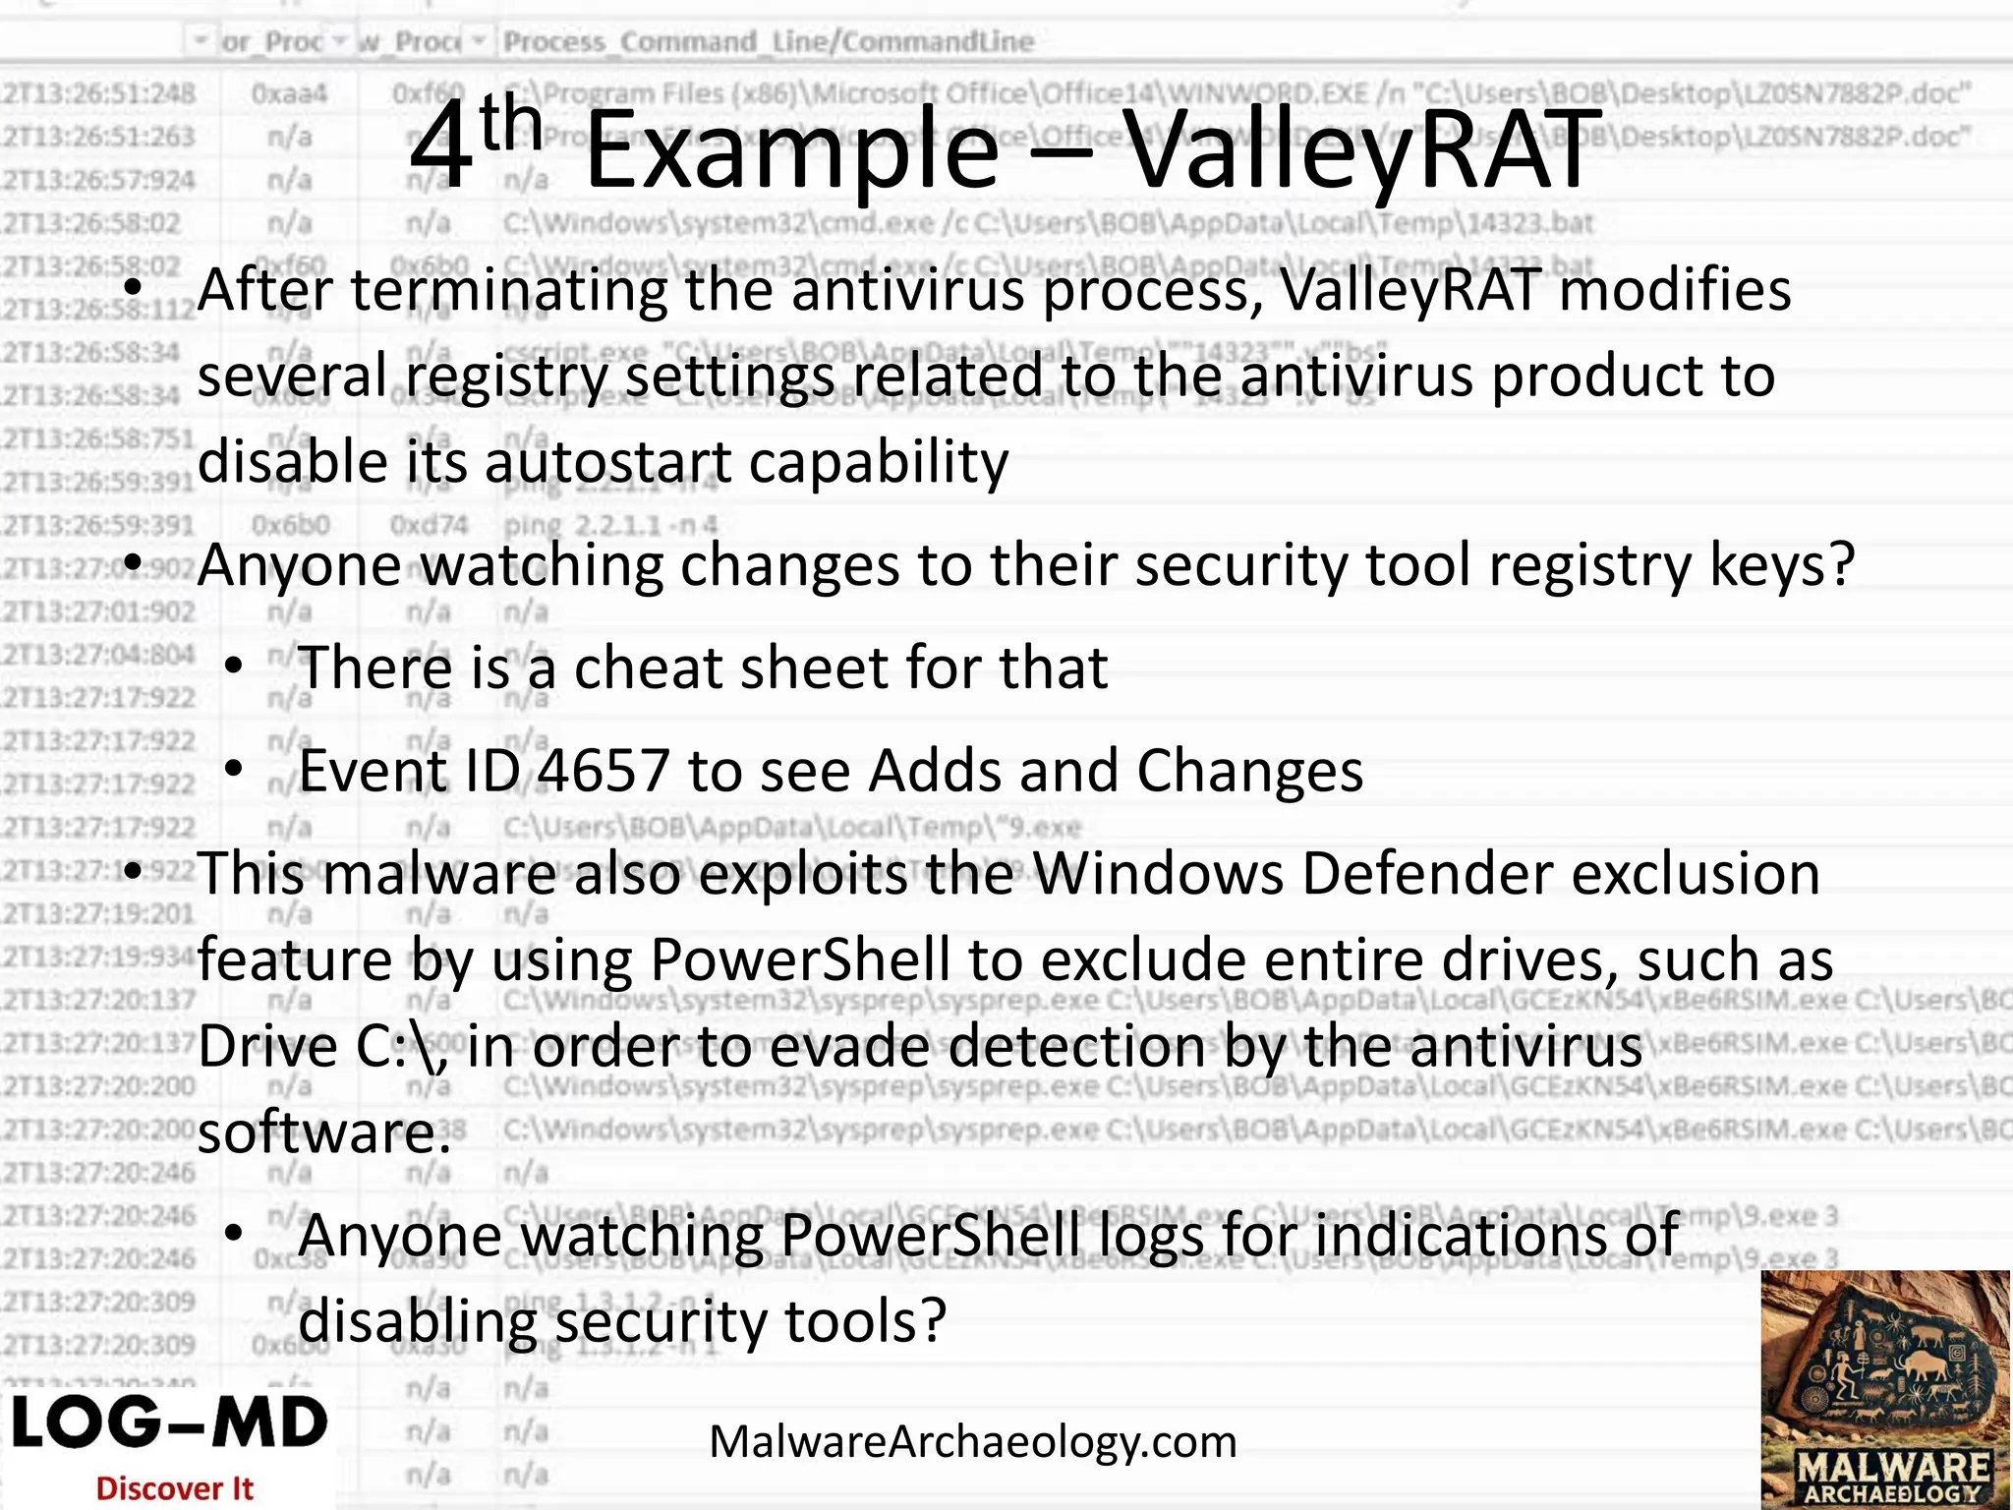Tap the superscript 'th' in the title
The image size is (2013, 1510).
coord(510,126)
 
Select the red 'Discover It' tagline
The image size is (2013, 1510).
coord(175,1488)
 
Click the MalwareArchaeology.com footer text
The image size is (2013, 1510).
coord(972,1442)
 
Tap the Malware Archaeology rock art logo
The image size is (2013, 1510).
coord(1885,1388)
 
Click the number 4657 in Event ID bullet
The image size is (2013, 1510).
coord(604,770)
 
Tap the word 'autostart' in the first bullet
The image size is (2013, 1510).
coord(607,461)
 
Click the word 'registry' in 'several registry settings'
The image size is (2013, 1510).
coord(506,376)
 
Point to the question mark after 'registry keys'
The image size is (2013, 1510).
coord(1841,564)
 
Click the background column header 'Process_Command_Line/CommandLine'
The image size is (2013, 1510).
coord(768,41)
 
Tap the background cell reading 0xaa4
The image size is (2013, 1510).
coord(288,94)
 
